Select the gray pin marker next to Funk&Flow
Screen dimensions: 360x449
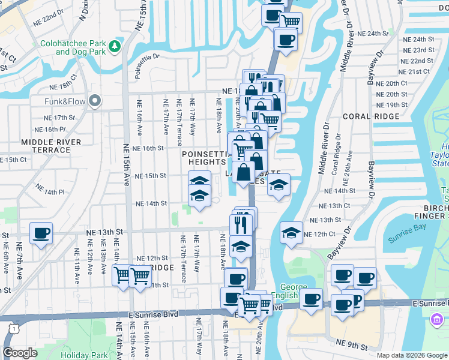coord(94,101)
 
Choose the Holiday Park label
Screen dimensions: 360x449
coord(83,355)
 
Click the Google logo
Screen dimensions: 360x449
coord(20,353)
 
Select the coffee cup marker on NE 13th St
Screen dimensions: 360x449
coord(41,233)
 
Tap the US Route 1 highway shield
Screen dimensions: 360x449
coord(13,328)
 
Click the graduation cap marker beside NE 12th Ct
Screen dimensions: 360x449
coord(291,233)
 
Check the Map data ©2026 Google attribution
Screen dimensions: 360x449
coord(412,355)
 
